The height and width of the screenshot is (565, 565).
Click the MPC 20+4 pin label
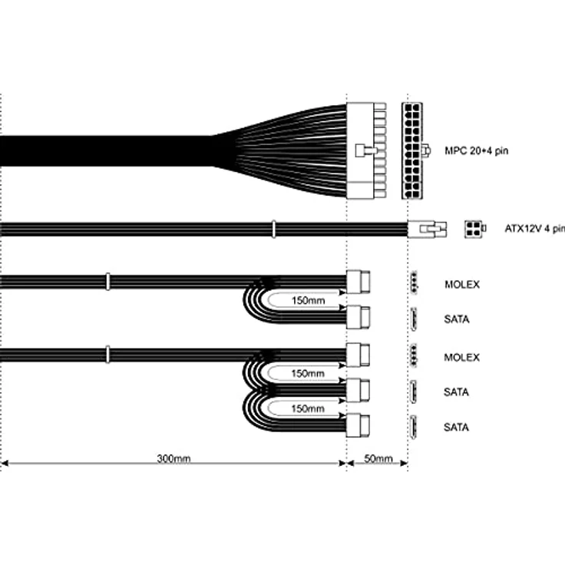click(x=476, y=150)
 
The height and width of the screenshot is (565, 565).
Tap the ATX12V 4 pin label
click(x=535, y=229)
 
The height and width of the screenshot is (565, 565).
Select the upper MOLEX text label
click(x=462, y=285)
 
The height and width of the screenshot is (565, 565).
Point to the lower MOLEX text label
click(x=461, y=358)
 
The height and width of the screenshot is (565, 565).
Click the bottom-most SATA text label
click(x=456, y=428)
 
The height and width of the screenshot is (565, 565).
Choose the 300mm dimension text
click(x=173, y=458)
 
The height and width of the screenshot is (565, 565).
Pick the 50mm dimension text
click(x=378, y=458)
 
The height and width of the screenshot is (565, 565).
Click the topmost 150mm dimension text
click(x=308, y=300)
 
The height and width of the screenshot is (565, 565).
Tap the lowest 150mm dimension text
click(x=308, y=408)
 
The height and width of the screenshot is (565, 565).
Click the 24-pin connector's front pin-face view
click(x=412, y=150)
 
